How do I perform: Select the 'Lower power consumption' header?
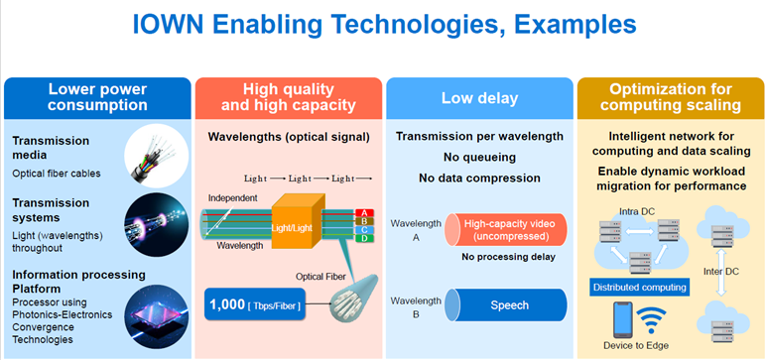[x=97, y=97]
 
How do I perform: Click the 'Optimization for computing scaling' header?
[x=670, y=97]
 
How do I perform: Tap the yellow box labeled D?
[x=364, y=239]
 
